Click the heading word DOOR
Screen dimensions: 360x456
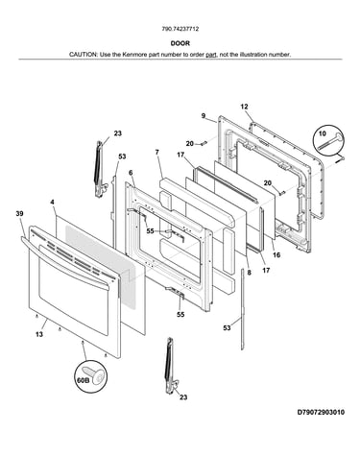(180, 43)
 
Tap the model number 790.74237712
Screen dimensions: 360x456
(180, 29)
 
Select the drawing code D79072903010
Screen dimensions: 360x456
(321, 412)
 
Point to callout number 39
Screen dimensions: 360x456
(19, 214)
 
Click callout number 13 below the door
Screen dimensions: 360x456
(39, 334)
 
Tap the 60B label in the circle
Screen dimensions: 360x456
(83, 380)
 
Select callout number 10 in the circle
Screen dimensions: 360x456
(323, 133)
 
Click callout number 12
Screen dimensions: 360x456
(244, 107)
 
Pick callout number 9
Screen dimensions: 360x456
(204, 116)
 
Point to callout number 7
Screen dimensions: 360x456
(157, 153)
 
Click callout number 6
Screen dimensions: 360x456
(131, 173)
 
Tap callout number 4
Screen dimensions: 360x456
(52, 202)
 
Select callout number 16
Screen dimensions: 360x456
(276, 254)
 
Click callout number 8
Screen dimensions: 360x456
(250, 273)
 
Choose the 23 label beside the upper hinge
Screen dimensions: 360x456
(118, 133)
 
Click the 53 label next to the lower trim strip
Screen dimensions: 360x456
(227, 327)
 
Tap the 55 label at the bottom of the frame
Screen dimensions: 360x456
(180, 315)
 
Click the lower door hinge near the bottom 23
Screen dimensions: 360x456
(172, 365)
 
